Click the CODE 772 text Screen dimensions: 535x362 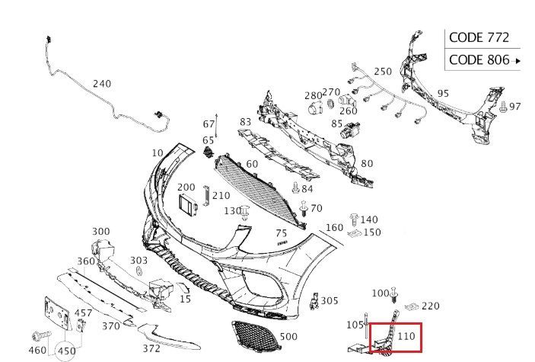[479, 37]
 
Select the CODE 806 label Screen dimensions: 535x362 [479, 59]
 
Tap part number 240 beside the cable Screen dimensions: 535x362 [102, 84]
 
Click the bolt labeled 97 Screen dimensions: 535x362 [503, 107]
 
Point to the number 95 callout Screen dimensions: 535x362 [443, 93]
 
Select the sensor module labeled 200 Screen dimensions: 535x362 [187, 205]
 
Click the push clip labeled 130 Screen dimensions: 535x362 [245, 213]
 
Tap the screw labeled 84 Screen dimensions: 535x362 [296, 187]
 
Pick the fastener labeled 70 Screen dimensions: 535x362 [304, 209]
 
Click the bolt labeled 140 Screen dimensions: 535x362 [354, 219]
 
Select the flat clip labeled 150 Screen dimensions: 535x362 [355, 233]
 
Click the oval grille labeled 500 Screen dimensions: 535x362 [256, 335]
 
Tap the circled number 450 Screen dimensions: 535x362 [66, 351]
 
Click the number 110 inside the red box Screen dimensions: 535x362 [406, 336]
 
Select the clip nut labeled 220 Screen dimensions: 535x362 [412, 306]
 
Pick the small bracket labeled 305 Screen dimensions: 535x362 [314, 301]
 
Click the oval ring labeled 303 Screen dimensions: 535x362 [139, 271]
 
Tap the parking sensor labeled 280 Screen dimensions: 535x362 [314, 107]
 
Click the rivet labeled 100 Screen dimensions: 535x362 [394, 294]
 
